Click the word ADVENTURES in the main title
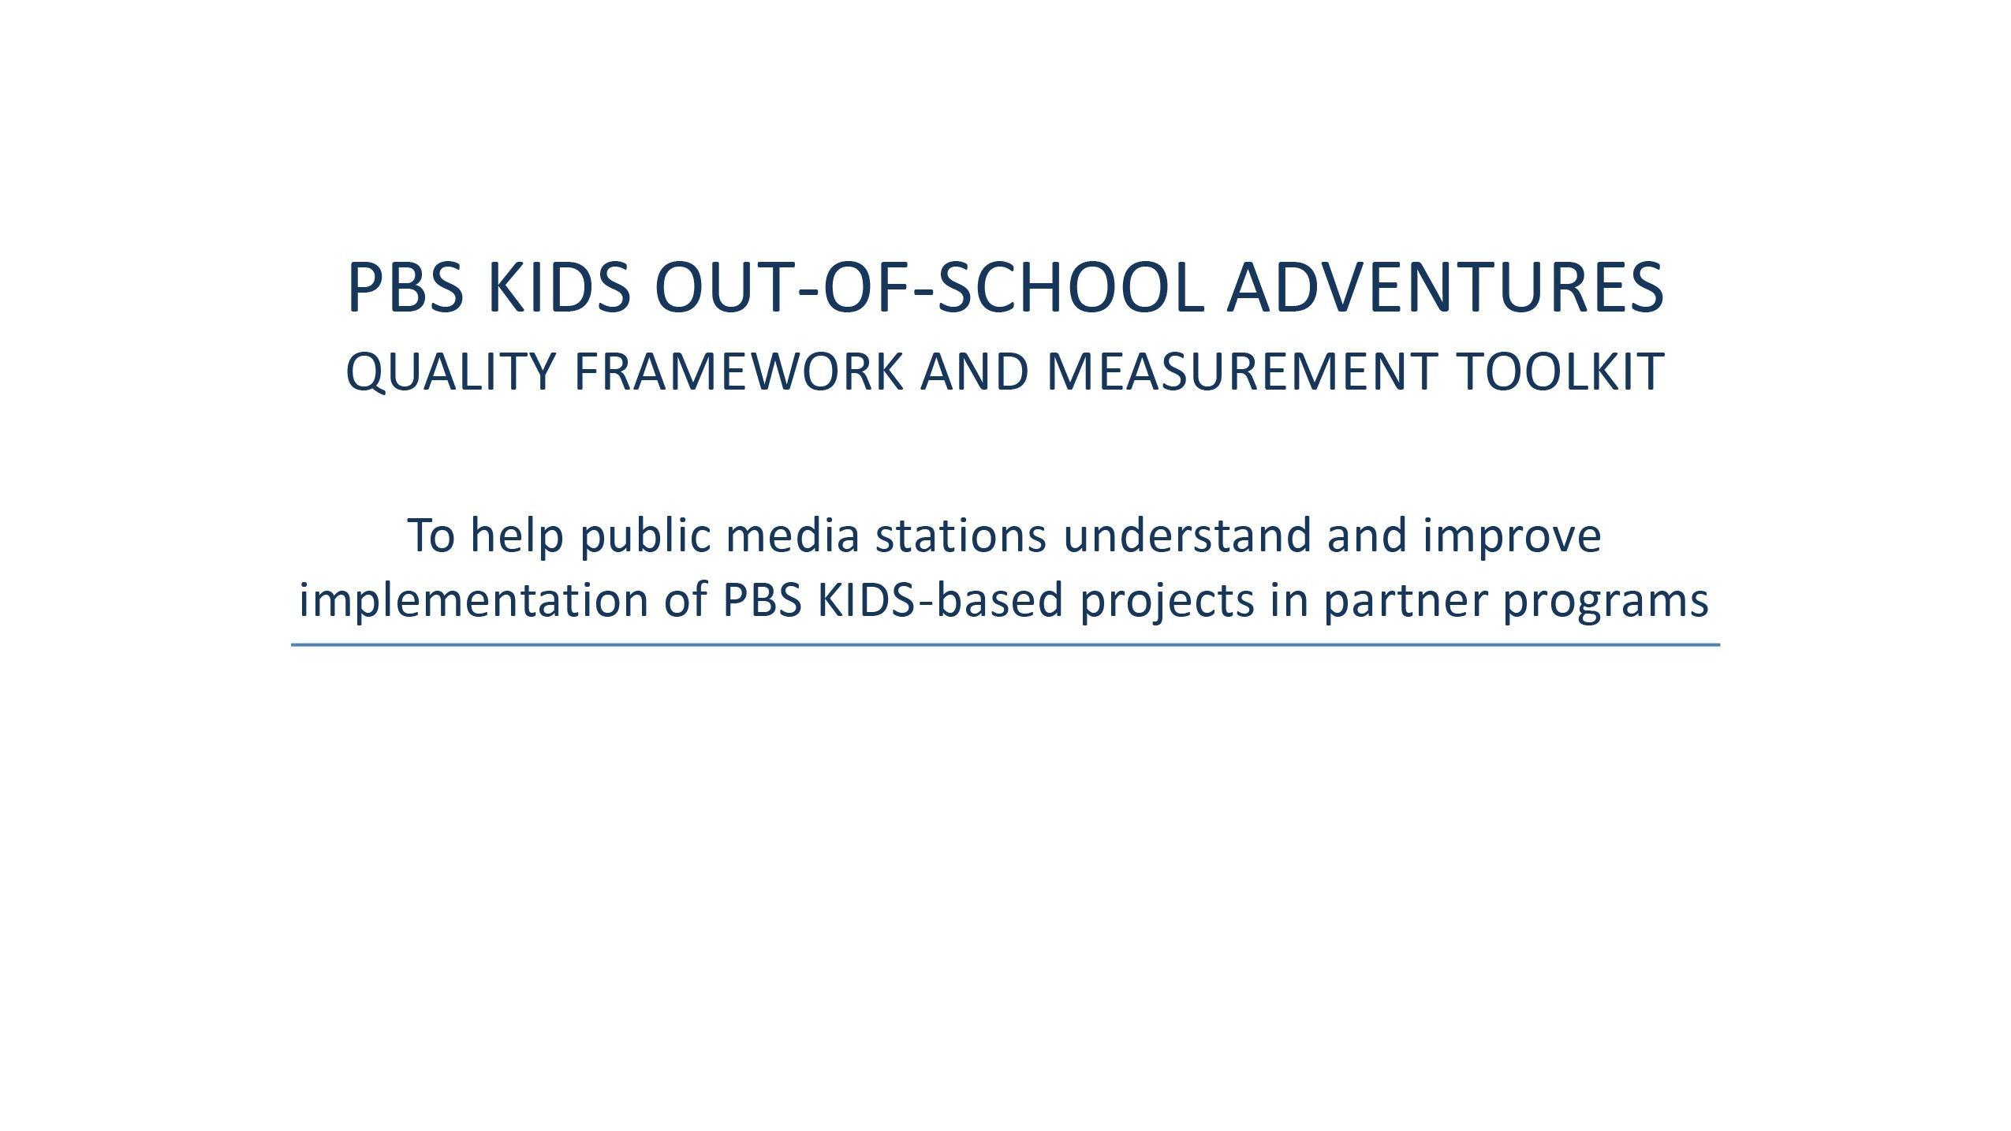click(x=1445, y=287)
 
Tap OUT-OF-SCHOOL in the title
click(x=929, y=287)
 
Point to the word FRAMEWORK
click(x=738, y=371)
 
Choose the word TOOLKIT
click(x=1560, y=371)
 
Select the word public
click(x=644, y=536)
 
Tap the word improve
click(x=1512, y=536)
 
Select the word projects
click(x=1166, y=601)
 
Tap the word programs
click(x=1606, y=601)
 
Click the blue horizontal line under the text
click(x=1005, y=645)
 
